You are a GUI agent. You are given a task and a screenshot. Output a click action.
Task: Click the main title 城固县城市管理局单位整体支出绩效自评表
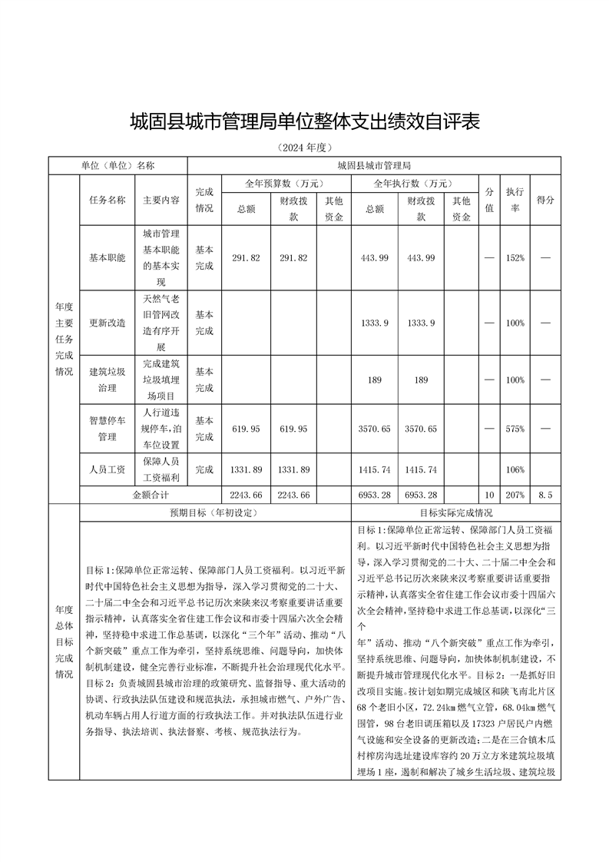coord(304,121)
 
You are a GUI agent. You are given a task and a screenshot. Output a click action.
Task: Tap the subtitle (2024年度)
coord(304,148)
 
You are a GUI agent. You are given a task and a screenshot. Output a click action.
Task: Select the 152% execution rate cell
coord(515,257)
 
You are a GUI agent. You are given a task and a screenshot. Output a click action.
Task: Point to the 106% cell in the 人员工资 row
coord(515,469)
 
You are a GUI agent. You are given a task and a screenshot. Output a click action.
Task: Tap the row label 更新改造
coord(108,323)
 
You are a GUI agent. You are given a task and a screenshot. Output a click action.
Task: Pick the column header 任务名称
coord(108,200)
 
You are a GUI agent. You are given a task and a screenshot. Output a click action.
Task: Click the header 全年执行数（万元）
coord(414,184)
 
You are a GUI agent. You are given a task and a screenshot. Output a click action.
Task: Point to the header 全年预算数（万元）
coord(286,184)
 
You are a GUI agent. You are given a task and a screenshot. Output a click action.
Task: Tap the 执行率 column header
coord(515,200)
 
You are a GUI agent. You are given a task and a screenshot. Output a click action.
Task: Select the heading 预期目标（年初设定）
coord(215,512)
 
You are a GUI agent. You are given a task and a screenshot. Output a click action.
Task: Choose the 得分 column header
coord(545,200)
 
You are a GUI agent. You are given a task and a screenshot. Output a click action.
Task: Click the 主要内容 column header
coord(161,200)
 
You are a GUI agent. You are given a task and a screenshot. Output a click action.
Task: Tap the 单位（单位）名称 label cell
coord(117,165)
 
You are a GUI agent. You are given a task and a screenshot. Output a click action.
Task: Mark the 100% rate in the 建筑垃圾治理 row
coord(515,380)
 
